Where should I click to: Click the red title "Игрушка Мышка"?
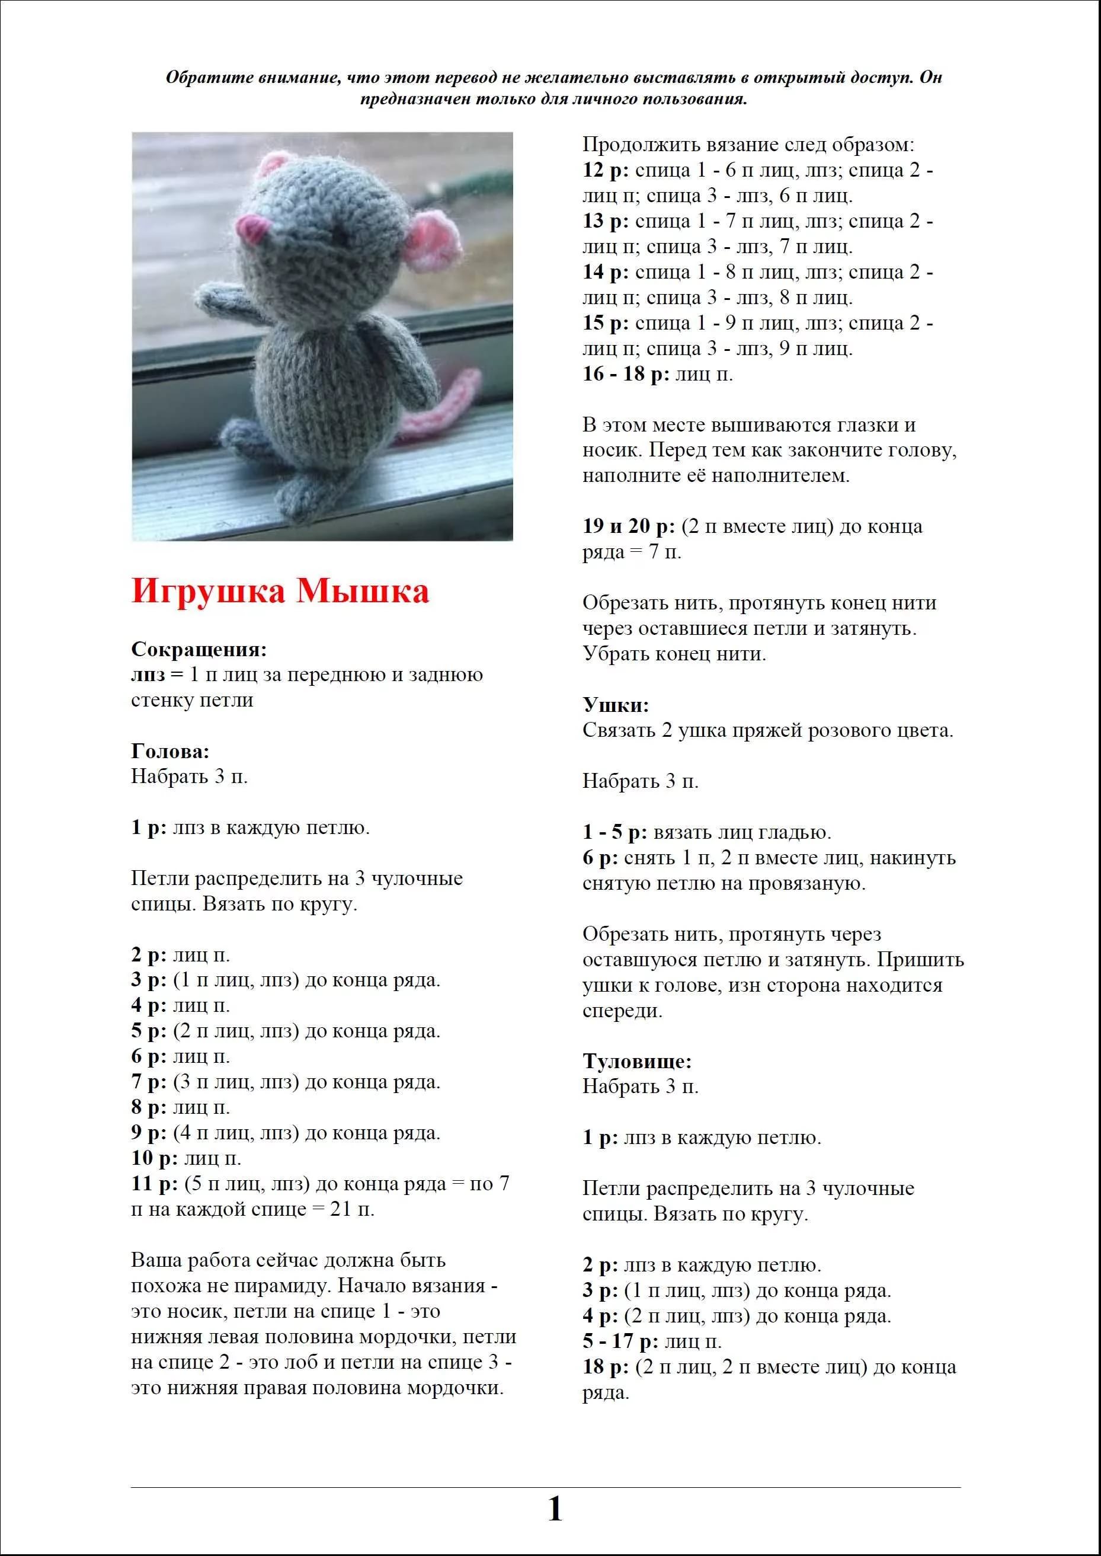[x=280, y=591]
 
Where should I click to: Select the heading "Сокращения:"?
[x=199, y=650]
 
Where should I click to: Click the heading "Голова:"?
[x=170, y=751]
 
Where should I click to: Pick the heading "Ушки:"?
[x=616, y=705]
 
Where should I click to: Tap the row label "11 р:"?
[x=155, y=1184]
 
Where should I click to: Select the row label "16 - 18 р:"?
[x=626, y=374]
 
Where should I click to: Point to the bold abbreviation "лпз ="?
[x=157, y=675]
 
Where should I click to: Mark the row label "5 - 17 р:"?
[x=620, y=1341]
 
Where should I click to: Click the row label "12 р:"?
[x=606, y=170]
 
